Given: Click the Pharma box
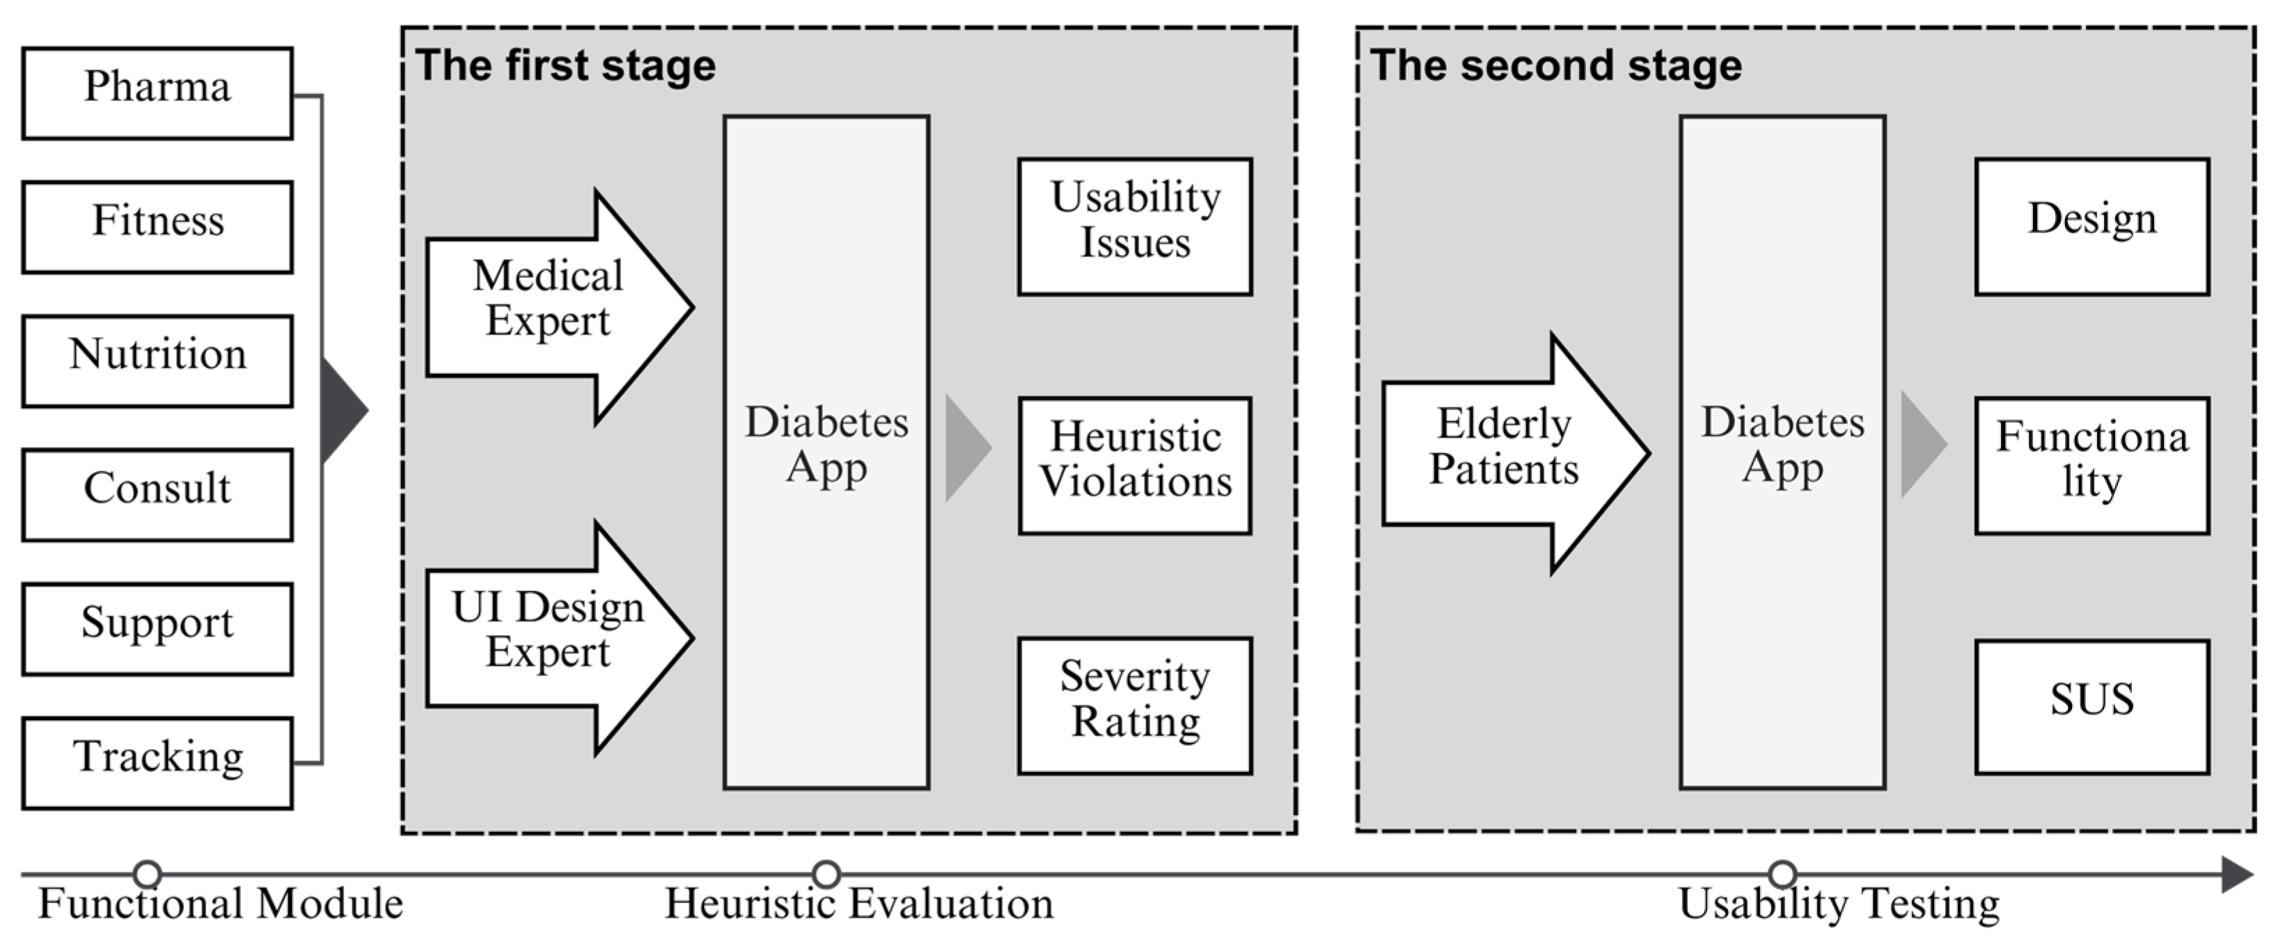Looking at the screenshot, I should [x=157, y=93].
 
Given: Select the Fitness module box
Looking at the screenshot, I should [x=157, y=226].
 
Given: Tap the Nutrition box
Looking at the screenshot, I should [x=157, y=361].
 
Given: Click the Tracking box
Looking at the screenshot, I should [x=157, y=762].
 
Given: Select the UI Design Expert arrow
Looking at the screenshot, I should [x=548, y=637].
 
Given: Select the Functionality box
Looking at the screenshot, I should [x=2091, y=465].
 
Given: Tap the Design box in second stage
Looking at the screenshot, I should [x=2091, y=226].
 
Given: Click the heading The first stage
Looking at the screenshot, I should [x=565, y=66].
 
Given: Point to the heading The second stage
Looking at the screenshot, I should [x=1555, y=66].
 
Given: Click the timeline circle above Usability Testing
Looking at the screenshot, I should [x=1783, y=874].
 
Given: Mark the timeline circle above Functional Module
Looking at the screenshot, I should [x=148, y=874].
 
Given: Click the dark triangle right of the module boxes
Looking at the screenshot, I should [x=342, y=409].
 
